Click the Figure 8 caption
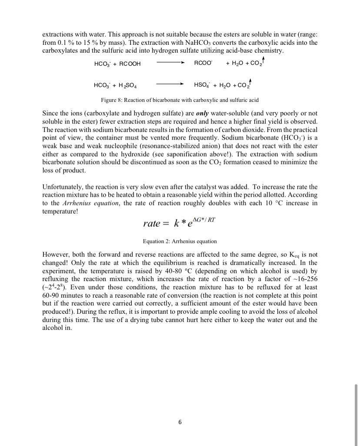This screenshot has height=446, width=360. [x=180, y=100]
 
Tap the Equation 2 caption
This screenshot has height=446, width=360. [x=180, y=241]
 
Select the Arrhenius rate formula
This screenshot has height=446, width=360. [x=179, y=223]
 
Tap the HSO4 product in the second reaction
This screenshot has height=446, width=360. [x=202, y=85]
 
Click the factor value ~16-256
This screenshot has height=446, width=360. [x=303, y=278]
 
